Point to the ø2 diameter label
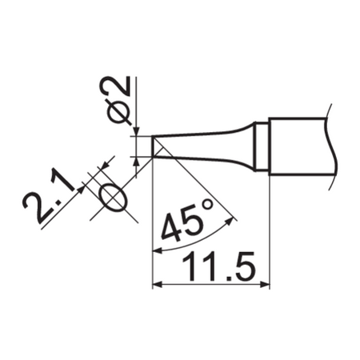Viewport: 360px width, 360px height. pos(117,98)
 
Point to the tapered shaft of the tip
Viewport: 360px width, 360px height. pos(208,145)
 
